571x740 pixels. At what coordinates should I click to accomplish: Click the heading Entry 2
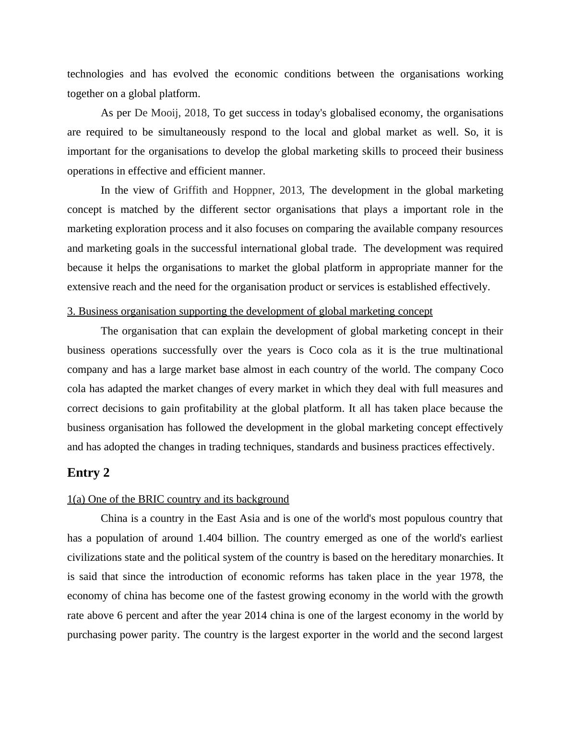pos(88,473)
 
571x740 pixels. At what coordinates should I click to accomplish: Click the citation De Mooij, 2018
pos(171,113)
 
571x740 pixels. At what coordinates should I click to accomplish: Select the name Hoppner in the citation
pos(253,190)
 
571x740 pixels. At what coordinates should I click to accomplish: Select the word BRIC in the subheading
pos(151,499)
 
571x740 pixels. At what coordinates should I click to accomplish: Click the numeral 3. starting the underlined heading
pos(71,311)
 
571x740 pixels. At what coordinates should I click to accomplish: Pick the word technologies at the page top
pos(95,74)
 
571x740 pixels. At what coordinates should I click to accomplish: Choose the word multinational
pos(473,350)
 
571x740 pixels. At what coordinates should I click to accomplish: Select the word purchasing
pos(92,635)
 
